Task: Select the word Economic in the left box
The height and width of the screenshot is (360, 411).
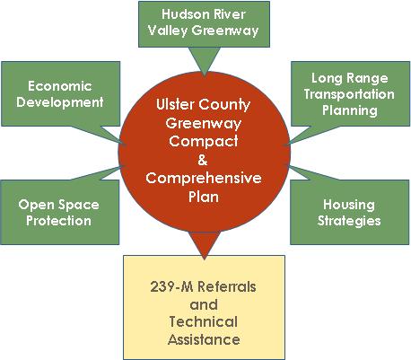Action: click(x=60, y=86)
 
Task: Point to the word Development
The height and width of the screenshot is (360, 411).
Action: click(x=60, y=102)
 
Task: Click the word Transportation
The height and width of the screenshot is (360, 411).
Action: click(x=349, y=94)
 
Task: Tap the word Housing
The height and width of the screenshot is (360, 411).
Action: click(x=349, y=206)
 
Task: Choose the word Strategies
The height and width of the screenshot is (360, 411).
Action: click(x=349, y=221)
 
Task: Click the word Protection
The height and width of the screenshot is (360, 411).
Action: click(x=58, y=221)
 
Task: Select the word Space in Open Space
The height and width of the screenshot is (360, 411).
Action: click(x=79, y=205)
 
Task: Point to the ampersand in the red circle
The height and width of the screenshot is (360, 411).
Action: click(x=203, y=160)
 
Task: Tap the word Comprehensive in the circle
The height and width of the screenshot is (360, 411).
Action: click(x=204, y=179)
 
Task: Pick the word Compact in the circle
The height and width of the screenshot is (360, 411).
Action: click(x=204, y=141)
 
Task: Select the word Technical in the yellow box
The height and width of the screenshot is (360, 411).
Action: click(x=204, y=322)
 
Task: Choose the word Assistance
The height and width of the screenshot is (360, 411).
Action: click(x=204, y=339)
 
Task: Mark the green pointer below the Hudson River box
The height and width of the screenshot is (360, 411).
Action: click(x=205, y=61)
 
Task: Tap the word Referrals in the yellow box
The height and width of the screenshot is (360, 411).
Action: click(x=227, y=286)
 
